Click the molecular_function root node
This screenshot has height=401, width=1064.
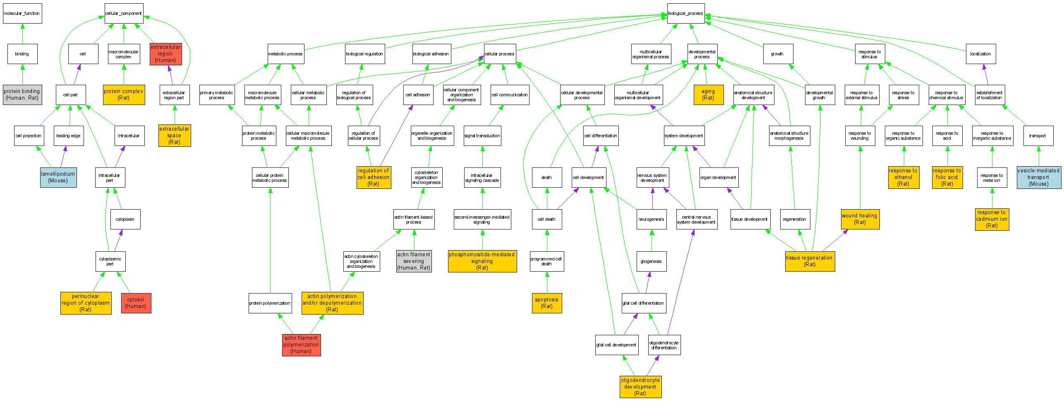coord(22,14)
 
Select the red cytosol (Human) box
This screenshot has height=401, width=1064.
coord(136,303)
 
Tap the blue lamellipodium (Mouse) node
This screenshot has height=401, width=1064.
coord(58,177)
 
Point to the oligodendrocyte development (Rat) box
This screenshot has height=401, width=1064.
coord(640,387)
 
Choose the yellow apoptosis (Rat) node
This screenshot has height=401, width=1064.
coord(547,303)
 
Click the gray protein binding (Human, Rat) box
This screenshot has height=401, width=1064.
coord(22,95)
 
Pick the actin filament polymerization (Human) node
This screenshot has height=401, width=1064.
coord(302,345)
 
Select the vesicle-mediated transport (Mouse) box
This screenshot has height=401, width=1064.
coord(1039,177)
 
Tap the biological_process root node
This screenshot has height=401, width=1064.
coord(685,14)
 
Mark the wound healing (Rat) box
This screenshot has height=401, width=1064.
coord(860,219)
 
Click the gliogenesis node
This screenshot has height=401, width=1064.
coord(652,261)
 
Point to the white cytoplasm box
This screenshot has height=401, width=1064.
coord(125,219)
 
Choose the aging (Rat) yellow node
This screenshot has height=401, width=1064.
coord(709,95)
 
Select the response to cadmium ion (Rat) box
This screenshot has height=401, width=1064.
coord(992,219)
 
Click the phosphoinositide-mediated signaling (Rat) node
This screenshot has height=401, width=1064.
coord(482,261)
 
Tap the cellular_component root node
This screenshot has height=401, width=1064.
coord(124,14)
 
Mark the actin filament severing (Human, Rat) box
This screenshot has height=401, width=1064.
coord(414,261)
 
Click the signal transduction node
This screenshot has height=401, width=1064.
coord(482,136)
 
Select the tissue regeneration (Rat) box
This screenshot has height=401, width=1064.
coord(810,261)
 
